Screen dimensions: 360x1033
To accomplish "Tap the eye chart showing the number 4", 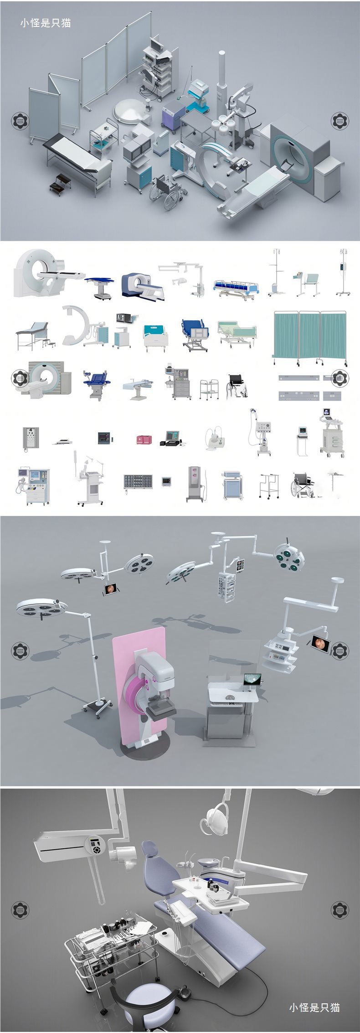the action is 31,439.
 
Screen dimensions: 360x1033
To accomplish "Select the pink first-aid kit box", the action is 145,439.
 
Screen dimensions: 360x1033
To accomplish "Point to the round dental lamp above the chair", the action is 215,818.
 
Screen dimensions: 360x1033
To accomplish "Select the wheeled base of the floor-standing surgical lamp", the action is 98,706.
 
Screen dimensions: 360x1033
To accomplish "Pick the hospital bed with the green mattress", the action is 236,332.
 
